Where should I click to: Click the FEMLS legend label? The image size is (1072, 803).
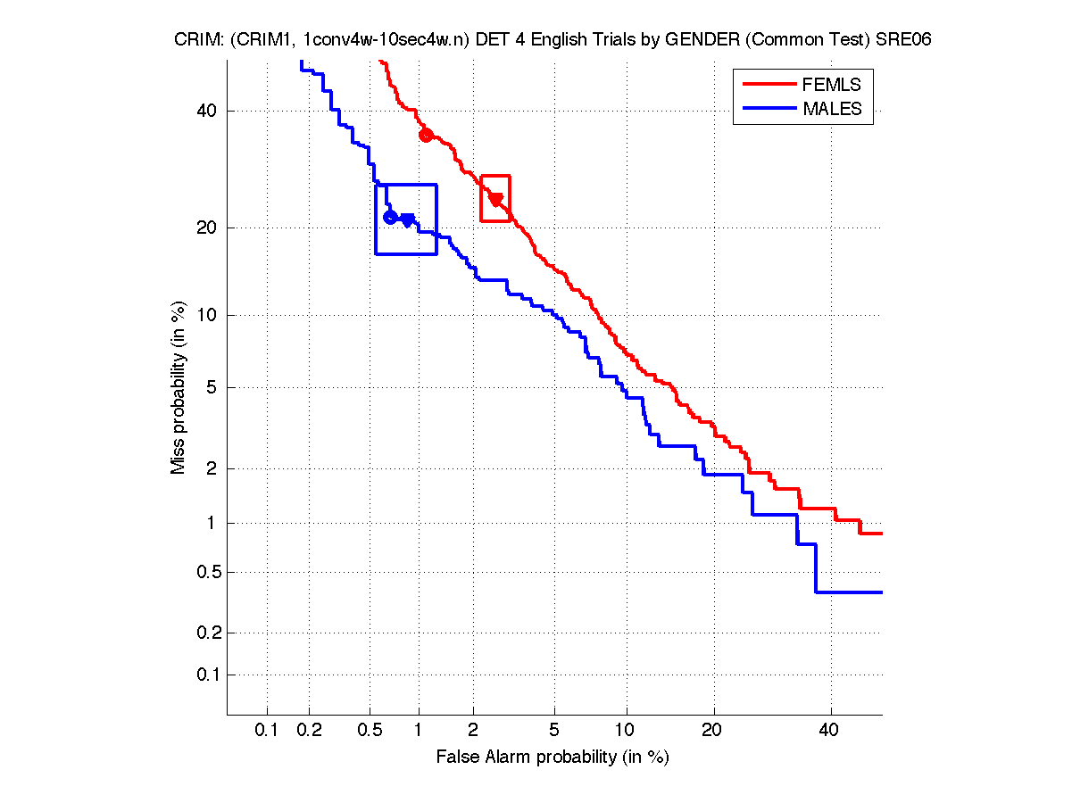tap(832, 85)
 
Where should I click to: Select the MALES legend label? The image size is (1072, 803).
tap(832, 109)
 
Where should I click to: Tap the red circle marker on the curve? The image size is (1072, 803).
tap(426, 136)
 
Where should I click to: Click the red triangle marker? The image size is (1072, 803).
tap(496, 199)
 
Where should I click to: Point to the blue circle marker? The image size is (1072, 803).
tap(390, 217)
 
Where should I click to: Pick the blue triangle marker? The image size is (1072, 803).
tap(408, 219)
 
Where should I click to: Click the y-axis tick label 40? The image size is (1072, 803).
tap(208, 112)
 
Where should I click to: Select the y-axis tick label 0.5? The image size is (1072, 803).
tap(204, 572)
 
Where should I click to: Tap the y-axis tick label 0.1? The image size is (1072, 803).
tap(204, 675)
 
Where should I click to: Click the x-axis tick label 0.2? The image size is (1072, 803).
tap(310, 731)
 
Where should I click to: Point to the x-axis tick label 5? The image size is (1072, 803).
tap(554, 731)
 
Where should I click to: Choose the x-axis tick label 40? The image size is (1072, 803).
tap(830, 731)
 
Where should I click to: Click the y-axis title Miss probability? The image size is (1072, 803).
tap(179, 389)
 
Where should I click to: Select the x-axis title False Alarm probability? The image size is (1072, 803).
tap(553, 757)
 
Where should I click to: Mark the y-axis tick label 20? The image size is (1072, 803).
tap(208, 228)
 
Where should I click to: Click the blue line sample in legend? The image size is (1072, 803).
tap(769, 109)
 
